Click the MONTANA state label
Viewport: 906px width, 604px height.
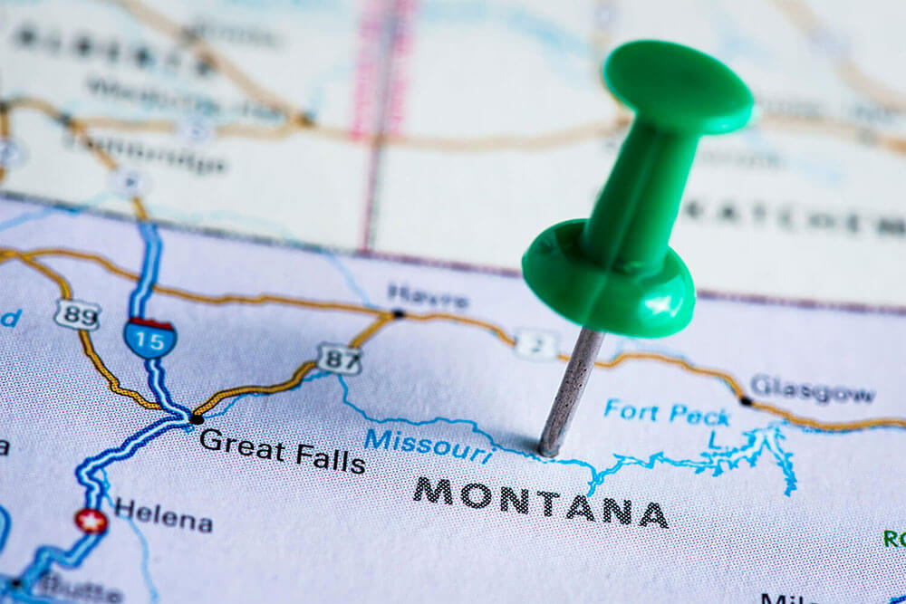pos(541,503)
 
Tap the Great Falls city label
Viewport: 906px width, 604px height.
pos(282,450)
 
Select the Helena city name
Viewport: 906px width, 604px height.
pos(163,516)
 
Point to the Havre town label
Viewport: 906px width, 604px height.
pos(428,296)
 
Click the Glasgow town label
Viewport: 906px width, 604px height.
pos(812,388)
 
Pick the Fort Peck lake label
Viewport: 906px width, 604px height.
pos(667,413)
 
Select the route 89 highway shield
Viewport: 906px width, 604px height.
pos(76,314)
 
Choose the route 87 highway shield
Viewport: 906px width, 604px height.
pos(339,358)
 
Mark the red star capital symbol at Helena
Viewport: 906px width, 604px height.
pos(91,521)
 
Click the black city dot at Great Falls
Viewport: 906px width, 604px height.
pos(197,418)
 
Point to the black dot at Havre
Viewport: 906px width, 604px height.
pos(398,314)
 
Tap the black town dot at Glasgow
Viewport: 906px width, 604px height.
pos(746,400)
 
